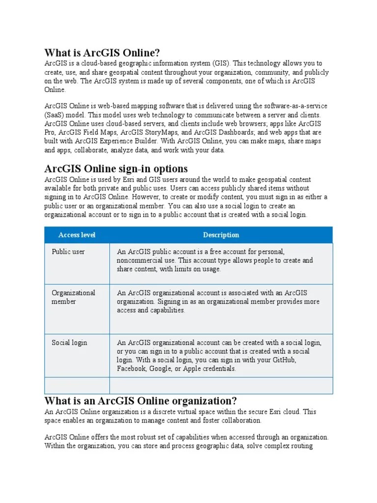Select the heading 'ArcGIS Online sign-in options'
116,169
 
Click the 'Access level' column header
77,235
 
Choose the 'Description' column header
221,235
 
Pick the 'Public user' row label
68,251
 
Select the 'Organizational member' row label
73,297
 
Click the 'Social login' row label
69,342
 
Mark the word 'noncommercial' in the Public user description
139,260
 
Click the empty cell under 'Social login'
77,386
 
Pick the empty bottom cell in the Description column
221,386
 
